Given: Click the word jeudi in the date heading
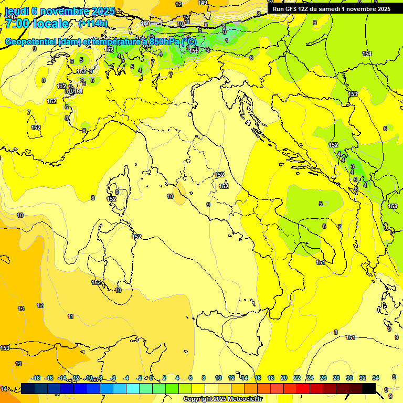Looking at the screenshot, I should tap(16, 11).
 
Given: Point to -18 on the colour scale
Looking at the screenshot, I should tap(36, 378).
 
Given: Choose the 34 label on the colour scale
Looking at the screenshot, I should tap(376, 378).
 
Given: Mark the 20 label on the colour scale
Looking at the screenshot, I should tap(284, 378).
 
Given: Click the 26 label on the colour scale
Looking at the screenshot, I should tap(323, 378).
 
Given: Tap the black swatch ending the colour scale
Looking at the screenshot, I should tap(368, 388).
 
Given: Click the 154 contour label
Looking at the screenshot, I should tap(366, 54).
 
